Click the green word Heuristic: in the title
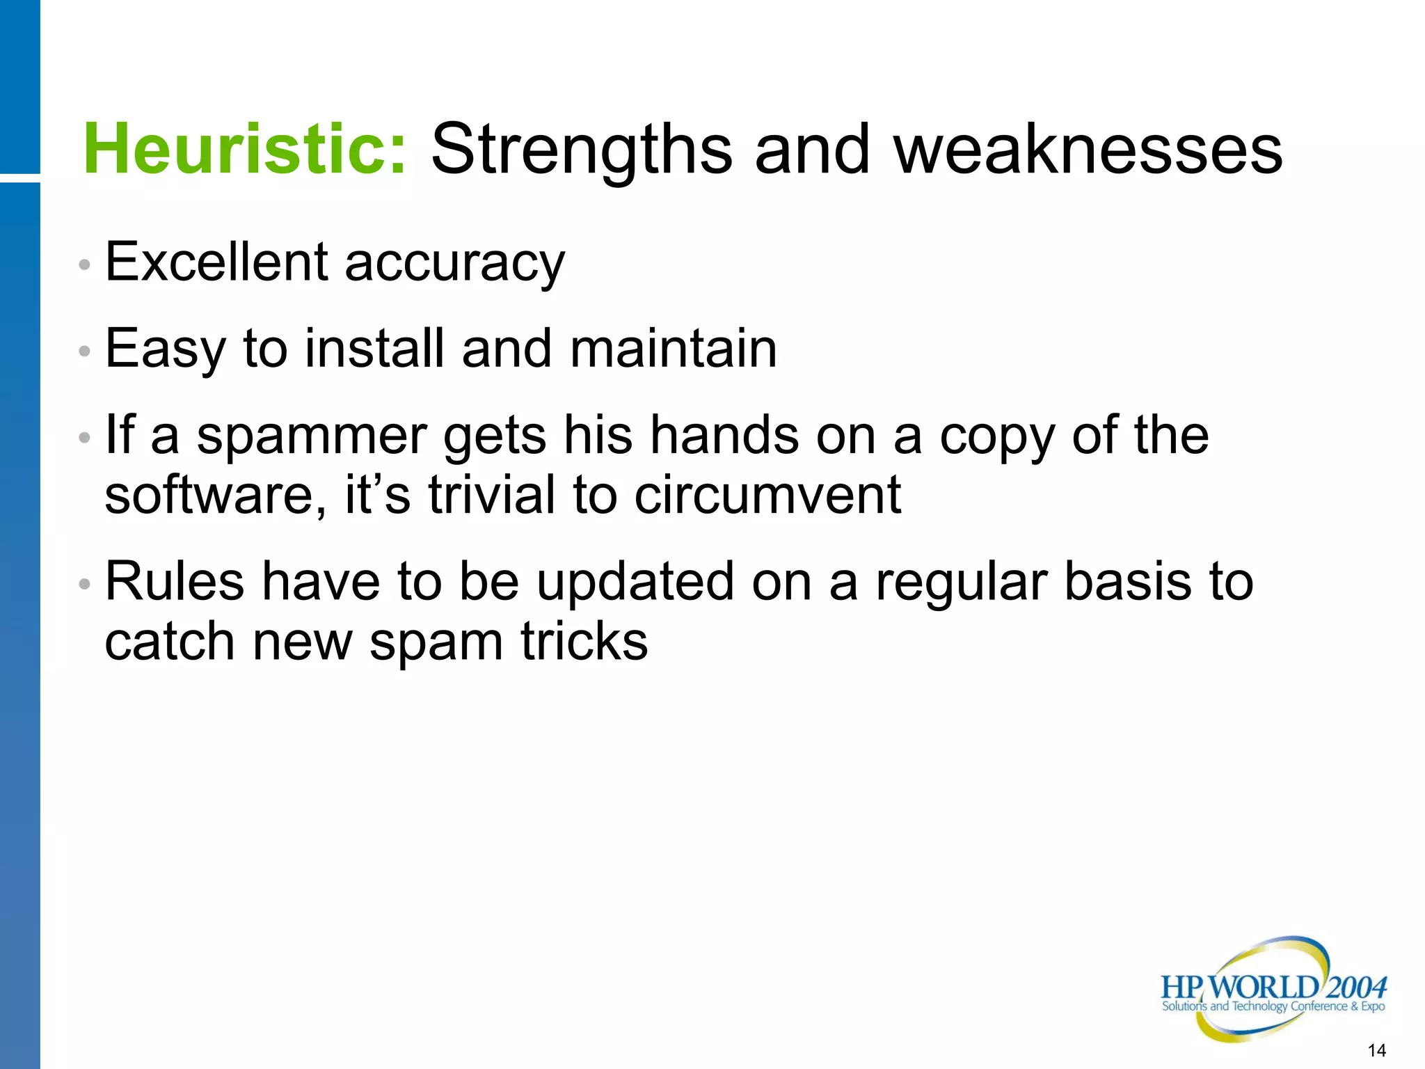[x=244, y=149]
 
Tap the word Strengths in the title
[x=582, y=150]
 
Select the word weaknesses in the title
[x=1088, y=149]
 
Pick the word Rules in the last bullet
[x=175, y=581]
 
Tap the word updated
[x=635, y=583]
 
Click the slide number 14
[x=1376, y=1050]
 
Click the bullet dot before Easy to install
[x=85, y=351]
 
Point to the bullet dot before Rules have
[x=85, y=584]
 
